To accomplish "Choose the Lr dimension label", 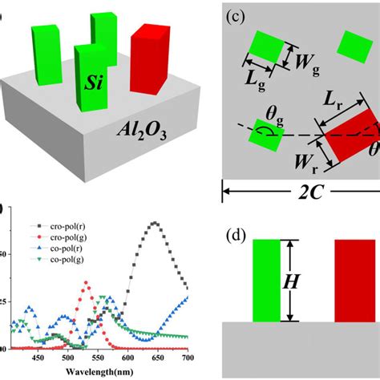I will tap(331, 101).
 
